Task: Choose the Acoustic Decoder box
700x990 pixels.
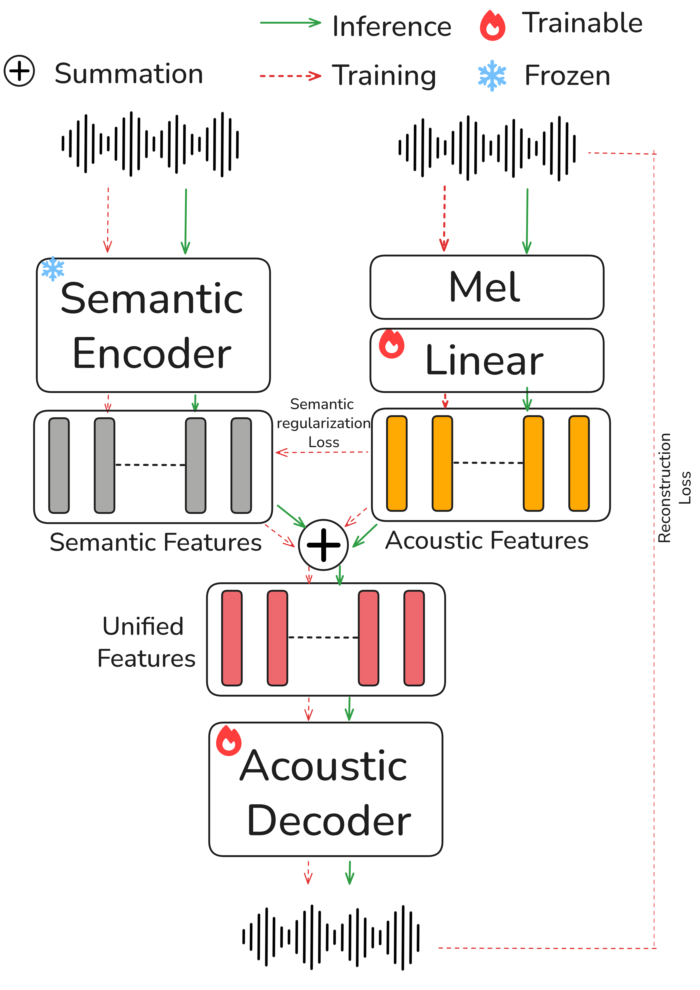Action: tap(325, 789)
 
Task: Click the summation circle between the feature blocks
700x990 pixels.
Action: tap(323, 544)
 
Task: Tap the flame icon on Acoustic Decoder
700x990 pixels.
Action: tap(228, 741)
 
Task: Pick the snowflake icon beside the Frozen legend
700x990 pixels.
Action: tap(492, 76)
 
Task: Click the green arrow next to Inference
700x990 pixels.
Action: tap(290, 22)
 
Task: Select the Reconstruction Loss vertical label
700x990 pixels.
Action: tap(673, 487)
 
